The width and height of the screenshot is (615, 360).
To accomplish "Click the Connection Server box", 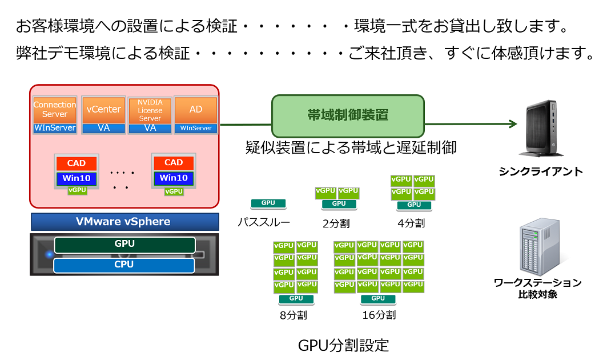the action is (x=55, y=110).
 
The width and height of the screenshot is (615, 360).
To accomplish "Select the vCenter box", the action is (x=103, y=110).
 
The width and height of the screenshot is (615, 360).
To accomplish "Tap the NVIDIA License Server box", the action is (x=150, y=110).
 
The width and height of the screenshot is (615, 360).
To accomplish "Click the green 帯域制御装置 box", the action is (x=348, y=115).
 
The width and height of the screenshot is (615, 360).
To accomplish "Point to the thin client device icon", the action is (x=540, y=128).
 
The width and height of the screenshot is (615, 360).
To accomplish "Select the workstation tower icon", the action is (x=540, y=246).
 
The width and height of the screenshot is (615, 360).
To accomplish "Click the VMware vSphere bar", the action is (x=124, y=222).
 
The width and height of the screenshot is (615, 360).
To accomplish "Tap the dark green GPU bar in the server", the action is (x=124, y=245).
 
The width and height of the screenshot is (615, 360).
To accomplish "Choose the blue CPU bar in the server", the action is (x=124, y=265).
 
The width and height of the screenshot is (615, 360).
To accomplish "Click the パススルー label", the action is (x=264, y=223).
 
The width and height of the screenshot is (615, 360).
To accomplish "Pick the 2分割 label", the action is (x=336, y=223).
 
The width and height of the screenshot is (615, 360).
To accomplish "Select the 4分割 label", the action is (x=411, y=223).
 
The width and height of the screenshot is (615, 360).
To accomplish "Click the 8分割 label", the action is (x=294, y=315).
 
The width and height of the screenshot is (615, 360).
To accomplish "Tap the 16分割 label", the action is (x=379, y=315).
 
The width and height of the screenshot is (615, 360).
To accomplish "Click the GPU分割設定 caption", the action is (x=343, y=346).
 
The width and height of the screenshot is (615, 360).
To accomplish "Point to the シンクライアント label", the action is (x=541, y=171).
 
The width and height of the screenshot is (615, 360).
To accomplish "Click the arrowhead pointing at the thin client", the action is (x=513, y=124).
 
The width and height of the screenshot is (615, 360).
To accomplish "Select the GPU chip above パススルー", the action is (x=268, y=203).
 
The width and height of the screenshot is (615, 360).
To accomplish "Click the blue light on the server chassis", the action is (x=50, y=254).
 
